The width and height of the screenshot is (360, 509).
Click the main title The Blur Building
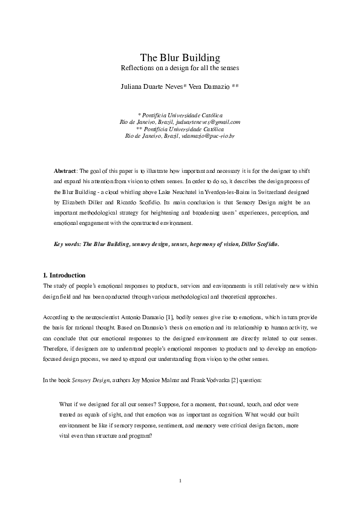(x=180, y=58)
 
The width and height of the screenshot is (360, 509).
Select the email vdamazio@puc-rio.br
(x=208, y=136)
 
